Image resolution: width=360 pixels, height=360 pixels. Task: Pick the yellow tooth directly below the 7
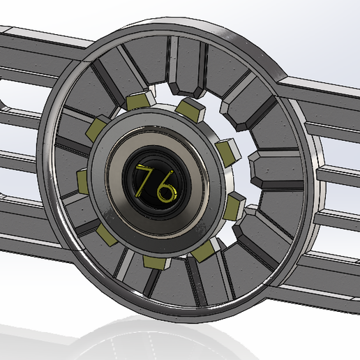[x=155, y=262]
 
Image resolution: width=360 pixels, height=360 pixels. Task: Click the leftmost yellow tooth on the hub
[x=83, y=181]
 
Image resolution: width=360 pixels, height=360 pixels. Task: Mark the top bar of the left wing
[x=35, y=49]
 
